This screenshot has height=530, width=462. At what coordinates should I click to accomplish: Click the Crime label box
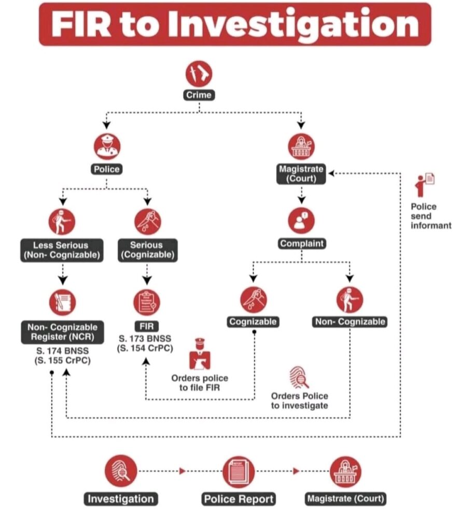[x=199, y=95]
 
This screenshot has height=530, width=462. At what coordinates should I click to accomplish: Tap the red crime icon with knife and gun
[x=199, y=73]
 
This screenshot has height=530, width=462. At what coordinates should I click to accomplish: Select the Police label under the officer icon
[x=107, y=169]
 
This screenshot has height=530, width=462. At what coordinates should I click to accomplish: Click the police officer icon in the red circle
[x=107, y=146]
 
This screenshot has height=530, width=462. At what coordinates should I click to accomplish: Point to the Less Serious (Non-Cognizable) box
[x=62, y=250]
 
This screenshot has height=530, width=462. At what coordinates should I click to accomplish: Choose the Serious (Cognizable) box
[x=147, y=250]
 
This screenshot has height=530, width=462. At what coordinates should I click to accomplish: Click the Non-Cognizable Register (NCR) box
[x=63, y=332]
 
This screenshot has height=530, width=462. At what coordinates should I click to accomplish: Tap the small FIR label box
[x=147, y=326]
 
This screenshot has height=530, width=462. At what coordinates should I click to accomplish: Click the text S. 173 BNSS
[x=145, y=338]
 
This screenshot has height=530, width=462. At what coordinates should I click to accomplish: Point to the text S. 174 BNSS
[x=63, y=351]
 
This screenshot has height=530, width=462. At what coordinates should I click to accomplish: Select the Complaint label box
[x=302, y=243]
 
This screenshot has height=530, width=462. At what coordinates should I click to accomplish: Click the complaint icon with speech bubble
[x=301, y=220]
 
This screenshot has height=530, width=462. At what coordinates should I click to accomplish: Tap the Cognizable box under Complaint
[x=253, y=321]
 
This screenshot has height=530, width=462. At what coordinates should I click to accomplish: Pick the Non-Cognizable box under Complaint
[x=350, y=321]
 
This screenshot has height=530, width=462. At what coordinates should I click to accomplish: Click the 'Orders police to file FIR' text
[x=200, y=382]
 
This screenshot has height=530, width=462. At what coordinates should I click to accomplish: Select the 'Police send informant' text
[x=431, y=216]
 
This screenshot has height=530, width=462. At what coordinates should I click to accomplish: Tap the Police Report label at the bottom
[x=239, y=499]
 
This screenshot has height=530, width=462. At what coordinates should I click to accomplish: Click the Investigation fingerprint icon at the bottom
[x=121, y=471]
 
